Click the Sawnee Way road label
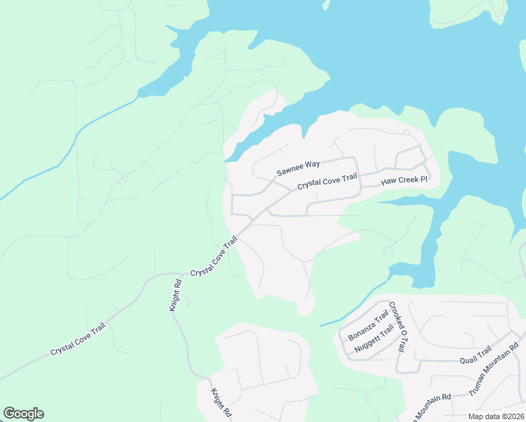[298, 168]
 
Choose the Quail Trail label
[475, 358]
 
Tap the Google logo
[23, 414]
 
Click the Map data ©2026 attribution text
[496, 416]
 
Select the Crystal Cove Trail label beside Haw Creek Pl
[327, 182]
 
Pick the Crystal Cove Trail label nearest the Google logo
[82, 340]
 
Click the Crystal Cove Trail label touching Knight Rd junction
[214, 257]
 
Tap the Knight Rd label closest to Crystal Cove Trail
[176, 296]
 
